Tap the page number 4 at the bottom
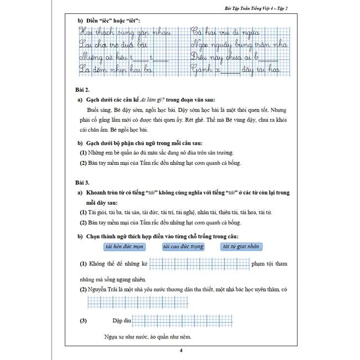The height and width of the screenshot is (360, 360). pos(180,351)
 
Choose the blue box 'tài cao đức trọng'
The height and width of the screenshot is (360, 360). pos(184,247)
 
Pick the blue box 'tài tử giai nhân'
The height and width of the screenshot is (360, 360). pos(241,247)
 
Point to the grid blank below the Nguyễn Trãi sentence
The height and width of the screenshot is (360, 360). pos(119,302)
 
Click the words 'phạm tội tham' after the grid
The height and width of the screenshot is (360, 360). pos(269,264)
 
